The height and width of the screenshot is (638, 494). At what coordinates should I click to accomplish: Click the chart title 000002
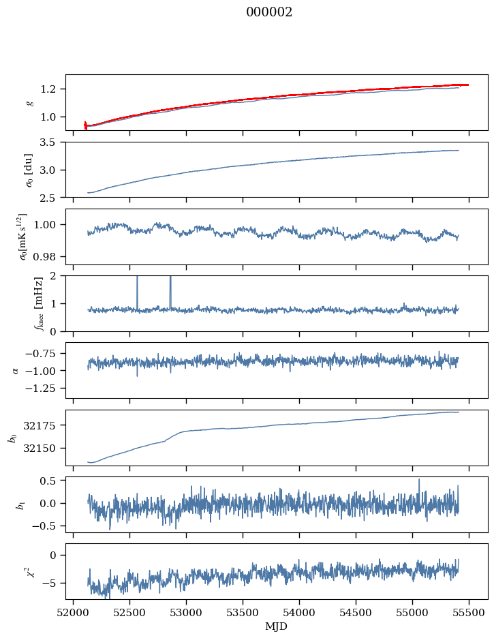point(269,12)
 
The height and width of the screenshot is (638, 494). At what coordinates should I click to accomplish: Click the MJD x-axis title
point(277,626)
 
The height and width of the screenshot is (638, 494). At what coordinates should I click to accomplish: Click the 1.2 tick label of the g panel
point(52,89)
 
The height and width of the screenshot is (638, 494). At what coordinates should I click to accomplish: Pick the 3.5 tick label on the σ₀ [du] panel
point(52,142)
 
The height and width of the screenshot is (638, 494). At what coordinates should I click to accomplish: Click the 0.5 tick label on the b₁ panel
point(52,481)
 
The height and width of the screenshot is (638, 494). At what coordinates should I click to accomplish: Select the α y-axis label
point(16,370)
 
